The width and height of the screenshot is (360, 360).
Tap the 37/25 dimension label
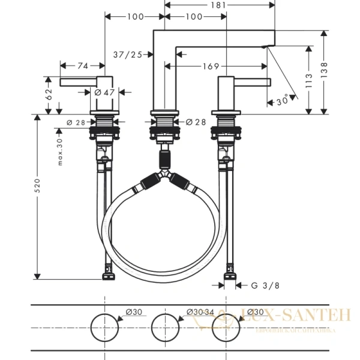click(127, 55)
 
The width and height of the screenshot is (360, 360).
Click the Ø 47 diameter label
click(104, 92)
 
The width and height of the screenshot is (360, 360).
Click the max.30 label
click(60, 152)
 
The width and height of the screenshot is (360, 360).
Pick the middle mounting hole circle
click(165, 328)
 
